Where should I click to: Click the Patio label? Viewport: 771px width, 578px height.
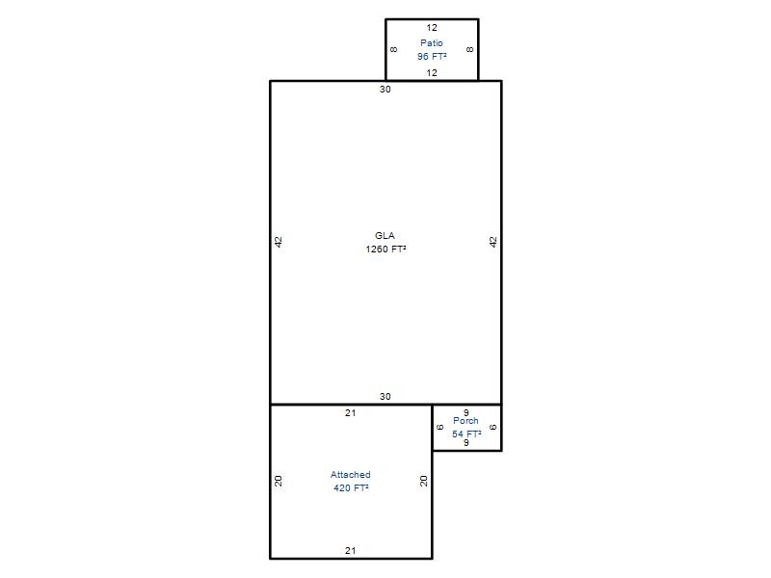431,43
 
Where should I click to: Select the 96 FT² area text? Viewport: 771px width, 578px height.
432,57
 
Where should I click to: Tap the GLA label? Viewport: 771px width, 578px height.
385,236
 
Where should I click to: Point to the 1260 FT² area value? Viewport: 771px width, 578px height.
385,250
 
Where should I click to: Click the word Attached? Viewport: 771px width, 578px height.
351,475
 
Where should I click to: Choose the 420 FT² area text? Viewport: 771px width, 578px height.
351,488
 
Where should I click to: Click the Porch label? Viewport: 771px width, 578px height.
465,421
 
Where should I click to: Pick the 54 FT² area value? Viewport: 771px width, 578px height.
466,434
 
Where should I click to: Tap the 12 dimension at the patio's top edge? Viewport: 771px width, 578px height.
432,28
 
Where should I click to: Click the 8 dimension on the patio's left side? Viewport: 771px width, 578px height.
394,50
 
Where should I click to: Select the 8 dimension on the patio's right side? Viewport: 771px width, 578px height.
470,50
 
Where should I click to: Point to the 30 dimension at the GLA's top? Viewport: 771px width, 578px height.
385,90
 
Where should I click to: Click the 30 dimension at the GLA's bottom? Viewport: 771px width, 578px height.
385,397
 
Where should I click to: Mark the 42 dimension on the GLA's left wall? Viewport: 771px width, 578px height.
279,242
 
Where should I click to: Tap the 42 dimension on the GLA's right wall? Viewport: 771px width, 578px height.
493,242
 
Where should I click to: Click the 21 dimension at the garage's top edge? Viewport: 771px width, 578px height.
350,413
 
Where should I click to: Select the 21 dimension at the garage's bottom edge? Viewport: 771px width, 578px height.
350,551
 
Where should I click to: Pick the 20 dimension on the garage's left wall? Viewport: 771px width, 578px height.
279,481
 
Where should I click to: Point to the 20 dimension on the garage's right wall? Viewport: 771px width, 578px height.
423,481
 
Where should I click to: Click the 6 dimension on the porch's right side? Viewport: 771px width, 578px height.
493,428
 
